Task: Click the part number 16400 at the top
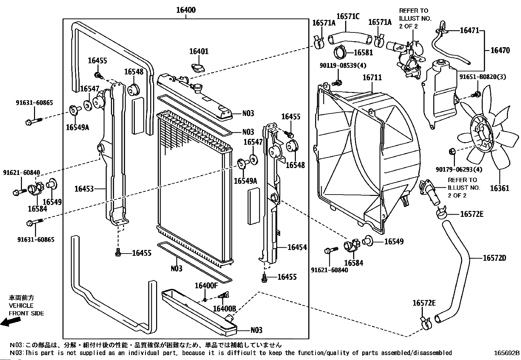click(186, 10)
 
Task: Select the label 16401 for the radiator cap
click(199, 51)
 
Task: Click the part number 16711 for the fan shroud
click(372, 78)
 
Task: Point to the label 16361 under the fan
click(499, 188)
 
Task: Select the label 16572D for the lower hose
click(494, 258)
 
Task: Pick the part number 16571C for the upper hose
click(348, 16)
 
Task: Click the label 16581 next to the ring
click(363, 52)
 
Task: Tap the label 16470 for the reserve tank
click(500, 50)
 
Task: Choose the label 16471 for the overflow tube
click(469, 30)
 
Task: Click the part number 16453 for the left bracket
click(84, 189)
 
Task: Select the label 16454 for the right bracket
click(297, 247)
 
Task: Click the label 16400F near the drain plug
click(206, 286)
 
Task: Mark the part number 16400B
click(224, 309)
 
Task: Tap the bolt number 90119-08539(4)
click(343, 66)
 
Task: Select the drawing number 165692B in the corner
click(507, 353)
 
